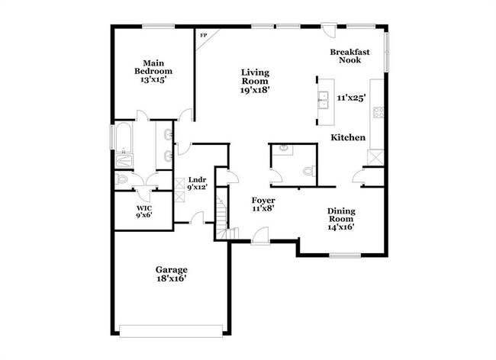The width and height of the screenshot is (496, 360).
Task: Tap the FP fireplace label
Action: click(204, 36)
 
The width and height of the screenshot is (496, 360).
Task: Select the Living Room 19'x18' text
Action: click(256, 80)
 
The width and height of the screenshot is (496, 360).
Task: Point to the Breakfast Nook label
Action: click(350, 56)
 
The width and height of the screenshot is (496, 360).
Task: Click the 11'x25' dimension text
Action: click(352, 97)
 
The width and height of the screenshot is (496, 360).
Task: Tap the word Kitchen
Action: click(347, 137)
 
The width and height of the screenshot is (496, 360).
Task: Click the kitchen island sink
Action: click(324, 98)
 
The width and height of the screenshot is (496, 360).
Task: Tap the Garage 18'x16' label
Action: click(172, 274)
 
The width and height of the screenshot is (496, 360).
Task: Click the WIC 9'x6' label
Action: click(145, 211)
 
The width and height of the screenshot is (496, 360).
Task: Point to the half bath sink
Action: click(283, 148)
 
